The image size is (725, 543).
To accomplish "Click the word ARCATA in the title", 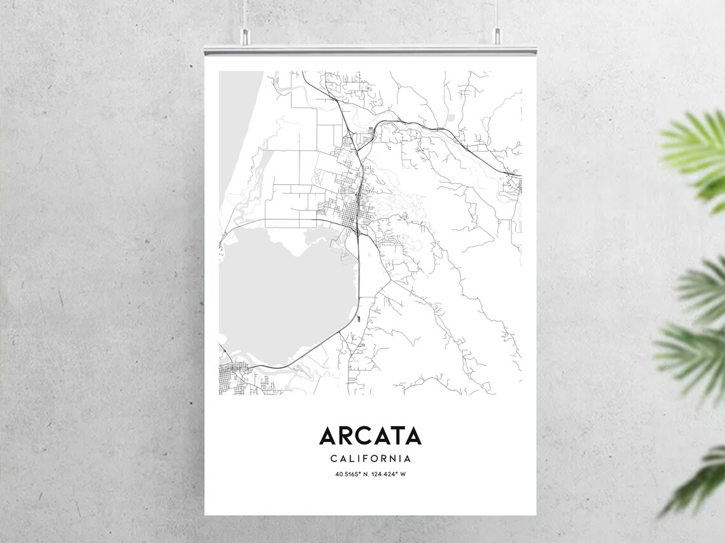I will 370,436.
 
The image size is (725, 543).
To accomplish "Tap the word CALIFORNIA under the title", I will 370,458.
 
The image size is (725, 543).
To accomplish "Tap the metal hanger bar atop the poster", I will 370,50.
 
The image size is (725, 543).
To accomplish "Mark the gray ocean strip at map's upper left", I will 238,127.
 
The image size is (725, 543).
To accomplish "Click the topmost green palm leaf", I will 696,153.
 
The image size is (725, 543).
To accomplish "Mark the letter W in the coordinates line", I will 403,474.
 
